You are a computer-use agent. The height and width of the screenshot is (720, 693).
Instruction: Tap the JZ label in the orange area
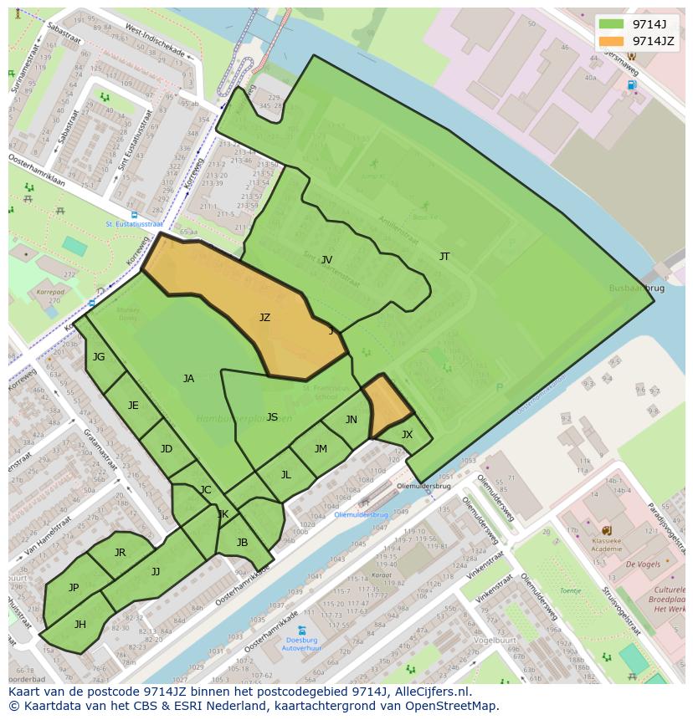[264, 318]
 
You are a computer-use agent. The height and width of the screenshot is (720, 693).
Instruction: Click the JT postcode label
[444, 257]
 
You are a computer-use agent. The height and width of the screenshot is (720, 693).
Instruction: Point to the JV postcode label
[326, 260]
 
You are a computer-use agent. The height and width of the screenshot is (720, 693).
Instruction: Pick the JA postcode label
[188, 379]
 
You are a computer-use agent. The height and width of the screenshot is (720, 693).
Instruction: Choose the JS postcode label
[272, 417]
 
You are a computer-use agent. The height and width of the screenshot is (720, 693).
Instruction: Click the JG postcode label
[99, 357]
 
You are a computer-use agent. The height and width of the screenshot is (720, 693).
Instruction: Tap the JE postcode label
[133, 406]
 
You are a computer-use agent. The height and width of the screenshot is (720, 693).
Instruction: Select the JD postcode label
[167, 449]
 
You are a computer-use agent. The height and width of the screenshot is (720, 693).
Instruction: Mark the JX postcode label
[407, 435]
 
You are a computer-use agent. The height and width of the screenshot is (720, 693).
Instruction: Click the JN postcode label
[352, 420]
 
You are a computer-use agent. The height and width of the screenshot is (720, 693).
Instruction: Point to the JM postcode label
[321, 449]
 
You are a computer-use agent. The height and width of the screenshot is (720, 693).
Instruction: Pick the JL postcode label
[285, 475]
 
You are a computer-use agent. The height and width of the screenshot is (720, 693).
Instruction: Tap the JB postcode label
[242, 543]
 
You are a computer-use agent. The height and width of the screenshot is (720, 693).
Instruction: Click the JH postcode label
[80, 625]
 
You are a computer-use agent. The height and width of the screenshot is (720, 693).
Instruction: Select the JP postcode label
[74, 588]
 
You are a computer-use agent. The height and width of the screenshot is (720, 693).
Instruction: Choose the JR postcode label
[120, 553]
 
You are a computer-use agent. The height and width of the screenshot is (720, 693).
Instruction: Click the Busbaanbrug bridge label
[637, 288]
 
